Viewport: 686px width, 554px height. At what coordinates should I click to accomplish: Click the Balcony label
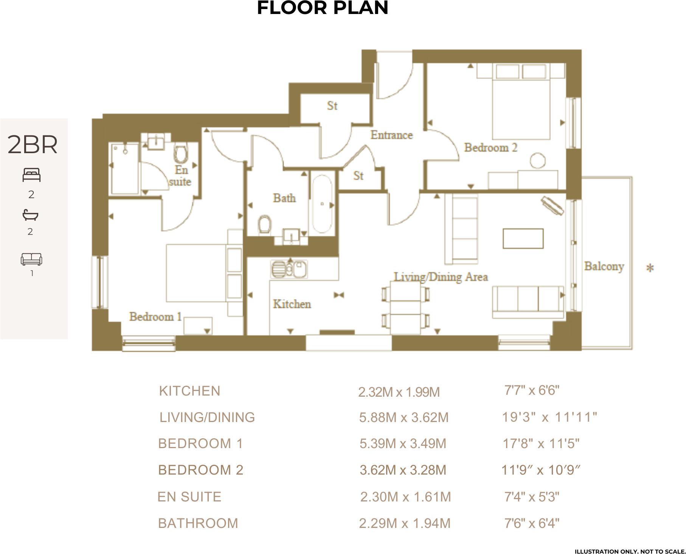pyautogui.click(x=604, y=266)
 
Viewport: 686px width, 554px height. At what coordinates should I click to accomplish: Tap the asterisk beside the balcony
pyautogui.click(x=650, y=268)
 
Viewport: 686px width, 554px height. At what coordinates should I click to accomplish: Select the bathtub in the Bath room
pyautogui.click(x=322, y=204)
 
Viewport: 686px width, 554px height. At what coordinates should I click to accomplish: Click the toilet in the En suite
pyautogui.click(x=181, y=154)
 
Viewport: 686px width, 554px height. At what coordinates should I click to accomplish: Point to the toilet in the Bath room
pyautogui.click(x=265, y=225)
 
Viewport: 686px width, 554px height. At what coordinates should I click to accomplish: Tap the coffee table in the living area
pyautogui.click(x=523, y=239)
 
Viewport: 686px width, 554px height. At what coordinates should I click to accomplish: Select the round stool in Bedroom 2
pyautogui.click(x=537, y=160)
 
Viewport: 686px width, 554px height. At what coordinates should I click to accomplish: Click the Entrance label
pyautogui.click(x=391, y=135)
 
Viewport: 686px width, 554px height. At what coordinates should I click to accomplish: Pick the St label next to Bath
pyautogui.click(x=358, y=176)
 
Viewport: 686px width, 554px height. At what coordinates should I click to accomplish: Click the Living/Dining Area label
pyautogui.click(x=441, y=277)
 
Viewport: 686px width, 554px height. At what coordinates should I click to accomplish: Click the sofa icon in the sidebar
pyautogui.click(x=31, y=259)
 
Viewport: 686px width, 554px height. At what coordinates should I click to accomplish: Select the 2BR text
pyautogui.click(x=33, y=145)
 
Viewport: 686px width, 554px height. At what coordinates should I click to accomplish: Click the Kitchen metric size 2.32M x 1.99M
pyautogui.click(x=399, y=392)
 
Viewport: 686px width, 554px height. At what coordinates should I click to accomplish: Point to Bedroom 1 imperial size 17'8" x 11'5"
pyautogui.click(x=541, y=444)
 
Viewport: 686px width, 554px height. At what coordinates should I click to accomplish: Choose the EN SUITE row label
pyautogui.click(x=189, y=497)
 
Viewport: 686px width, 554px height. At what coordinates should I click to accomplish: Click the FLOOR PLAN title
pyautogui.click(x=323, y=8)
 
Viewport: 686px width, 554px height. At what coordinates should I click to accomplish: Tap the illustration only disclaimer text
pyautogui.click(x=630, y=551)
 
